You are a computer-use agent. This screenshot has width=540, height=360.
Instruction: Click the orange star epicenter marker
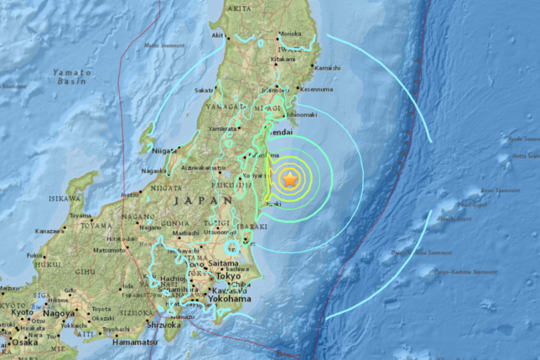(290, 179)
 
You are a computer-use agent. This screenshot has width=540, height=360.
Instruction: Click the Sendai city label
(278, 133)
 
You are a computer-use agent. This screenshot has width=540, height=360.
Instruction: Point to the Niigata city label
(165, 150)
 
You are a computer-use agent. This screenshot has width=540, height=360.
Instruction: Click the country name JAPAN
(204, 201)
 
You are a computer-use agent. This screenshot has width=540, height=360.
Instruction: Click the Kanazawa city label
(50, 231)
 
